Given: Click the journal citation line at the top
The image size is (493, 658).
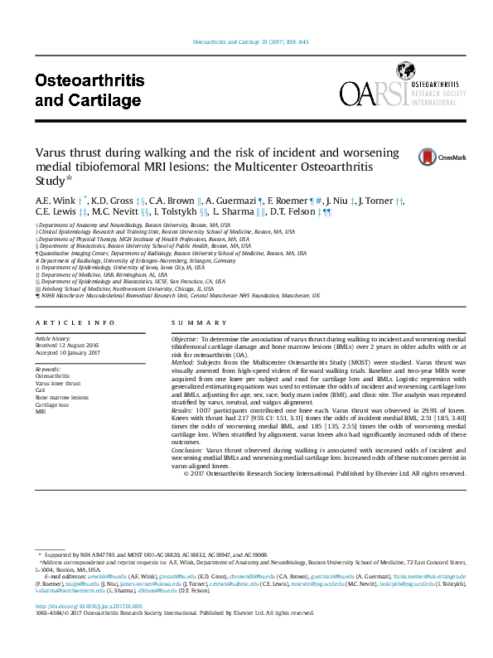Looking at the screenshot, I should (x=250, y=41).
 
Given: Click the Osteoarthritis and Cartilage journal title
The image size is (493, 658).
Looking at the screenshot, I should (x=89, y=90).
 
